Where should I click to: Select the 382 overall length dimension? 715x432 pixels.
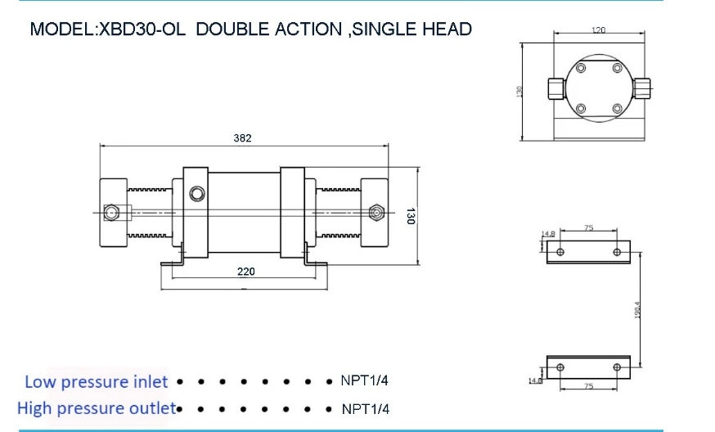(x=242, y=138)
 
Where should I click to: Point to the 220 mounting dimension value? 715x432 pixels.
(x=245, y=272)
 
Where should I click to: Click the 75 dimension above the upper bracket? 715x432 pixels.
(x=588, y=229)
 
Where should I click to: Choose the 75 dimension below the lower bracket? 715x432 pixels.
(x=588, y=385)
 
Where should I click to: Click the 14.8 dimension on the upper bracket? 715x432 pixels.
(x=548, y=234)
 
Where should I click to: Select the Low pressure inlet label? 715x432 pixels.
(x=96, y=381)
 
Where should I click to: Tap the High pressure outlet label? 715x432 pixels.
(x=97, y=407)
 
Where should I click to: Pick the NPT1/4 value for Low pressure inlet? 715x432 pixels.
(x=365, y=381)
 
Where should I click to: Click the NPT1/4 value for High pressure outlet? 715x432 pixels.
(x=365, y=408)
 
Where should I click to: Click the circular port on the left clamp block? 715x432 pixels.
(x=196, y=194)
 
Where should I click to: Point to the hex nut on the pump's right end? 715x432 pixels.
(x=375, y=213)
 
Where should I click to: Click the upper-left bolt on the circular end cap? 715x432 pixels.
(x=580, y=70)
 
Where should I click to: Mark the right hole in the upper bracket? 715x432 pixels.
(x=616, y=252)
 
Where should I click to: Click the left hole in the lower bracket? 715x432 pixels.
(x=560, y=367)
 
